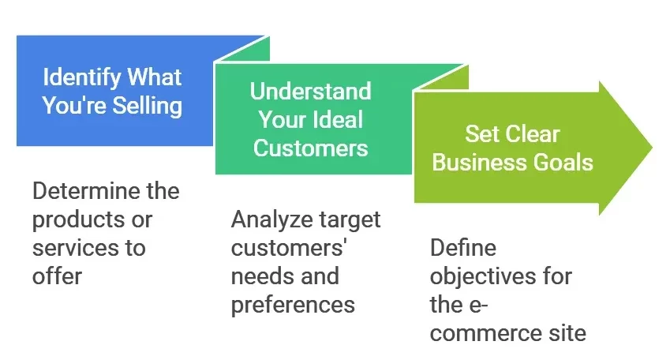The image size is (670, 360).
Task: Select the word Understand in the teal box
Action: point(310,91)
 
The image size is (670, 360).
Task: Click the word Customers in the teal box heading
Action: point(310,147)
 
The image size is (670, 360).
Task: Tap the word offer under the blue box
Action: point(57,276)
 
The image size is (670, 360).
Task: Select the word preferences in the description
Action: point(293,304)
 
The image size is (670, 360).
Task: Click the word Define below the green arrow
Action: point(462,248)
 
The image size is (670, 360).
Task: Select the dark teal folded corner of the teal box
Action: point(441,77)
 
